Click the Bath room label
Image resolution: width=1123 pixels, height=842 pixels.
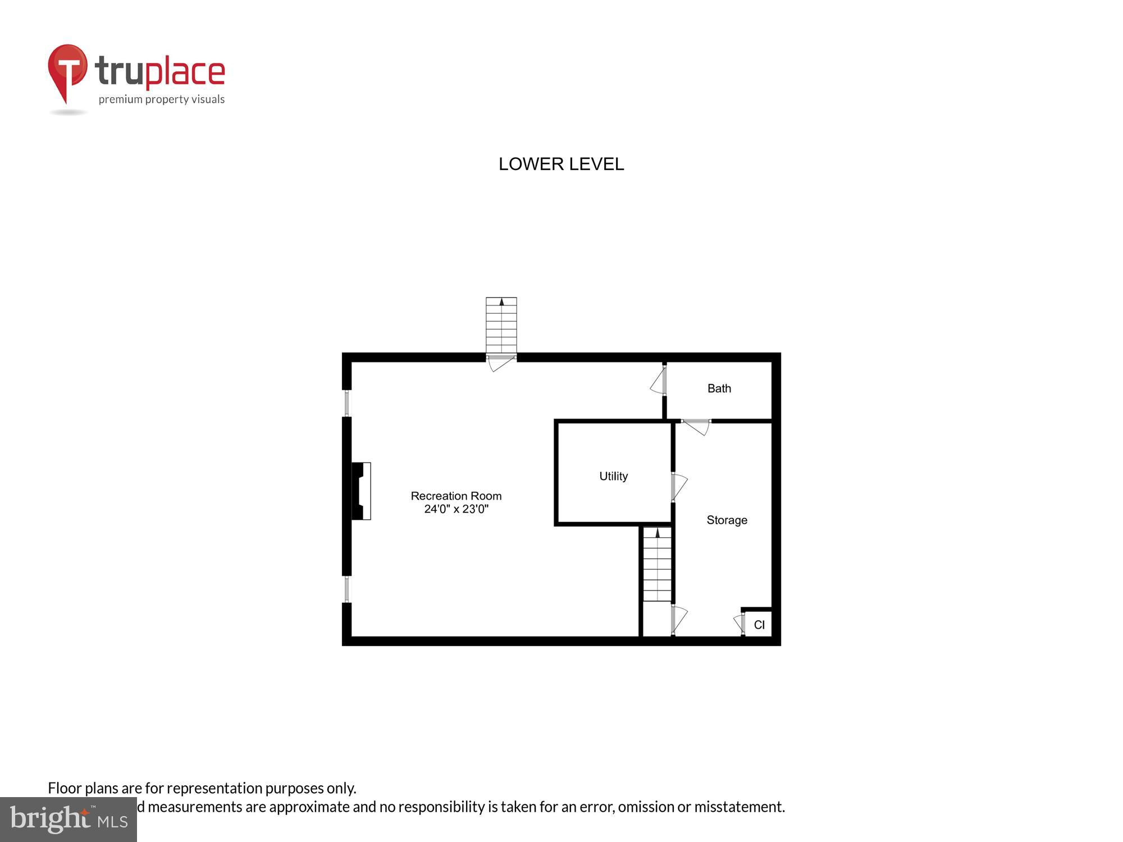coord(719,388)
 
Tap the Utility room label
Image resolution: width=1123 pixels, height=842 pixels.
coord(613,476)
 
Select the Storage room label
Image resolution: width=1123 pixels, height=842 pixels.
coord(727,520)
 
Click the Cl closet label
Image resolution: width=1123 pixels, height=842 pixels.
coord(759,625)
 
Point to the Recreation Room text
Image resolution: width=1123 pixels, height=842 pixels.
coord(456,496)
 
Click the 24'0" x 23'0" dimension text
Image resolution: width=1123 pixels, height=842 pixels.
coord(456,509)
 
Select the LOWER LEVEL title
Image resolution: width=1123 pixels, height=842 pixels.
coord(561,164)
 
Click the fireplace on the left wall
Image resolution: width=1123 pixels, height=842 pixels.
coord(360,491)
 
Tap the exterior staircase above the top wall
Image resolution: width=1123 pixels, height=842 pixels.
coord(501,326)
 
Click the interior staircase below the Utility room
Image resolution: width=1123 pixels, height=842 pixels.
coord(657,564)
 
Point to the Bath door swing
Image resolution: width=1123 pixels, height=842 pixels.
coord(658,382)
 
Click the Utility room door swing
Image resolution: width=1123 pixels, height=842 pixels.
coord(679,486)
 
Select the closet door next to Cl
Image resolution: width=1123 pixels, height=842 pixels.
coord(739,624)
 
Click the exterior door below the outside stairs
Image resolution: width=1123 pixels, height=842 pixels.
coord(501,363)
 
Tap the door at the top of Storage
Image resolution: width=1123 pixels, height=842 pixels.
coord(697,427)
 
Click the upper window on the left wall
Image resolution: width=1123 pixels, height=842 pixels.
coord(347,403)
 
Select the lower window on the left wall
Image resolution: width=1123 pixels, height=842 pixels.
coord(347,589)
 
